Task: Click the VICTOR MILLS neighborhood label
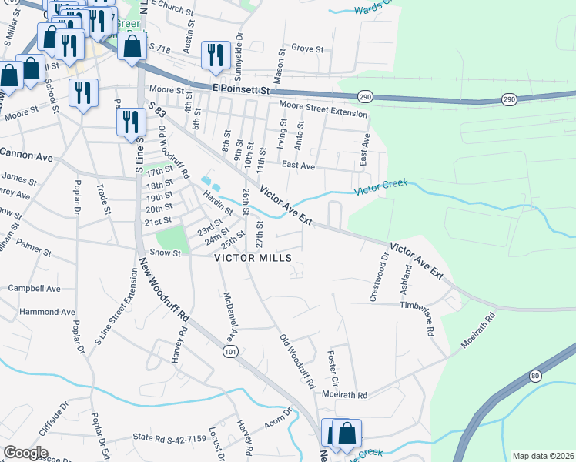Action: (253, 258)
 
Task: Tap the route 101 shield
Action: (232, 351)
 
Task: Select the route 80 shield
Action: (536, 376)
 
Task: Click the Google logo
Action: (25, 453)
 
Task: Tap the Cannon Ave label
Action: (27, 157)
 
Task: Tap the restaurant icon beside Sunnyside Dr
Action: (213, 53)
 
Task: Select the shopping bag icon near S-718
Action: (132, 45)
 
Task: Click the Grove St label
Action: (307, 49)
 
